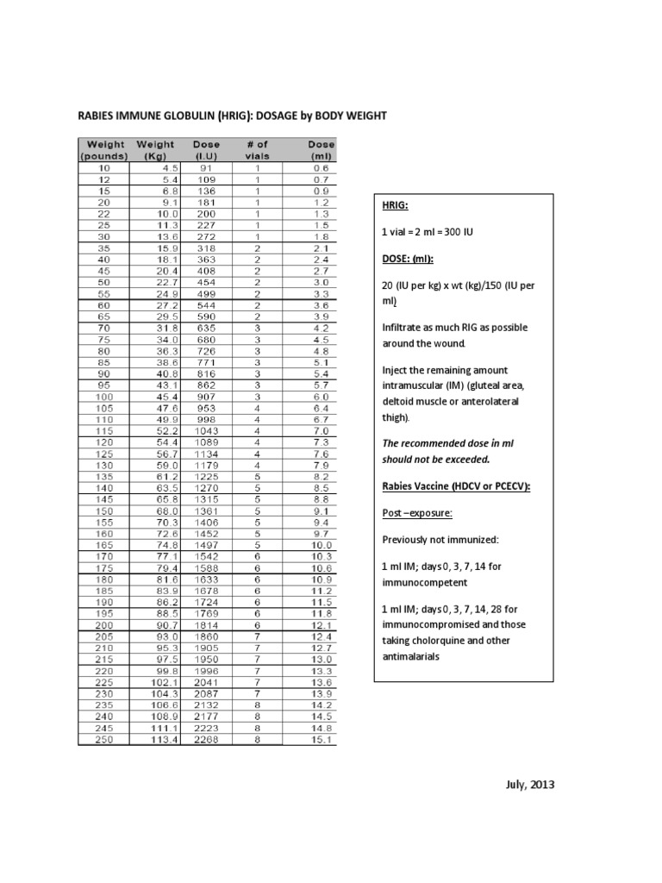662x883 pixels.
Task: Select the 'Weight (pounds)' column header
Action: point(103,150)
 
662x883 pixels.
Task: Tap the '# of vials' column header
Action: point(257,150)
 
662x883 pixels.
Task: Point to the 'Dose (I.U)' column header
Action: point(205,150)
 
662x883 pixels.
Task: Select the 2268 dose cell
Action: point(207,739)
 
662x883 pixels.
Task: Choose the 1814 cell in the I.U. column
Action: point(207,623)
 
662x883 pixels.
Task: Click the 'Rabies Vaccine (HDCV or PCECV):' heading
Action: point(456,486)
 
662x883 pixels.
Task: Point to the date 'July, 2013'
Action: point(529,785)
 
